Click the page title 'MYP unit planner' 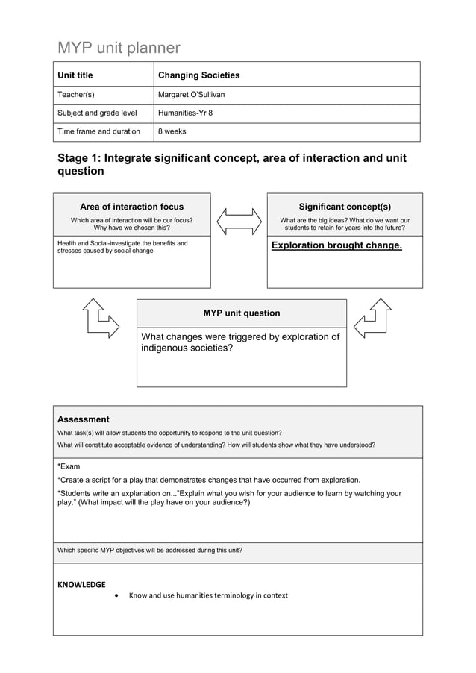pos(119,48)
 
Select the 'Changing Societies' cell pos(198,75)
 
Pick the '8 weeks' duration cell pos(172,132)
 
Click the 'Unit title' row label pos(75,75)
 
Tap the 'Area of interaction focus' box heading pos(131,207)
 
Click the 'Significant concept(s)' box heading pos(344,207)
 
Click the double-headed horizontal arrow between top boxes pos(239,221)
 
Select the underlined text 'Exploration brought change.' pos(336,245)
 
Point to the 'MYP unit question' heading pos(242,313)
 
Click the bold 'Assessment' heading pos(84,419)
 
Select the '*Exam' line pos(69,466)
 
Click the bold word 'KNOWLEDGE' pos(81,584)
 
